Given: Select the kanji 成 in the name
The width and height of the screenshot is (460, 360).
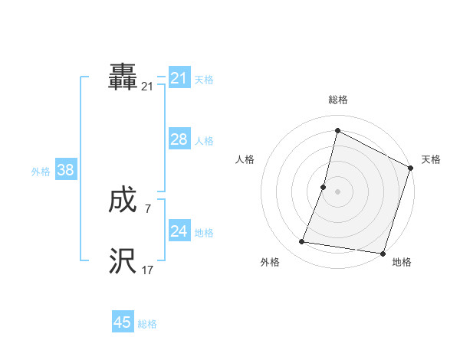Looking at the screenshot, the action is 123,201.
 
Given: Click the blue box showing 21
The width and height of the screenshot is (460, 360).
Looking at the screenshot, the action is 179,78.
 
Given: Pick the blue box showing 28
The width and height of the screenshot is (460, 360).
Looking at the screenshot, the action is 179,139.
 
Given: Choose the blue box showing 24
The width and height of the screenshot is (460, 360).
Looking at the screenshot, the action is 179,231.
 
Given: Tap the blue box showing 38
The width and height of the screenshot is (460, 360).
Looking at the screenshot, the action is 65,170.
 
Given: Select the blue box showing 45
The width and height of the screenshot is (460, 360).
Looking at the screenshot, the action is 123,322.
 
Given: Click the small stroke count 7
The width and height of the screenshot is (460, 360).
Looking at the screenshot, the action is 147,208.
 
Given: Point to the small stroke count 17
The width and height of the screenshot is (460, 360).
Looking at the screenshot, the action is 147,270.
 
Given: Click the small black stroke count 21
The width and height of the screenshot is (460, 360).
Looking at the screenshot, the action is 147,87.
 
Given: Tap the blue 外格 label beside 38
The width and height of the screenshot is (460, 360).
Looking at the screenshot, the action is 41,172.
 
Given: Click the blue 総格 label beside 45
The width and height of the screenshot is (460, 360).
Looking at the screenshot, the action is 147,324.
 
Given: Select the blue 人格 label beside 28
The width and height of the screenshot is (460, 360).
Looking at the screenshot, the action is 204,141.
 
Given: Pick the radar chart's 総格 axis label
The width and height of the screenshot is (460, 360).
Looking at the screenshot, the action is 337,100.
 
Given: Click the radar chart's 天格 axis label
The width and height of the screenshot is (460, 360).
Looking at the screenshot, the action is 431,159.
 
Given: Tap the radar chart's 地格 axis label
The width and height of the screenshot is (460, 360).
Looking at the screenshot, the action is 402,262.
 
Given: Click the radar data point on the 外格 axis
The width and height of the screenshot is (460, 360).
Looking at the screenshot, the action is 302,242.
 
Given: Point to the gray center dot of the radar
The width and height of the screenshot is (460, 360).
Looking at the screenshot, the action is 337,191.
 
